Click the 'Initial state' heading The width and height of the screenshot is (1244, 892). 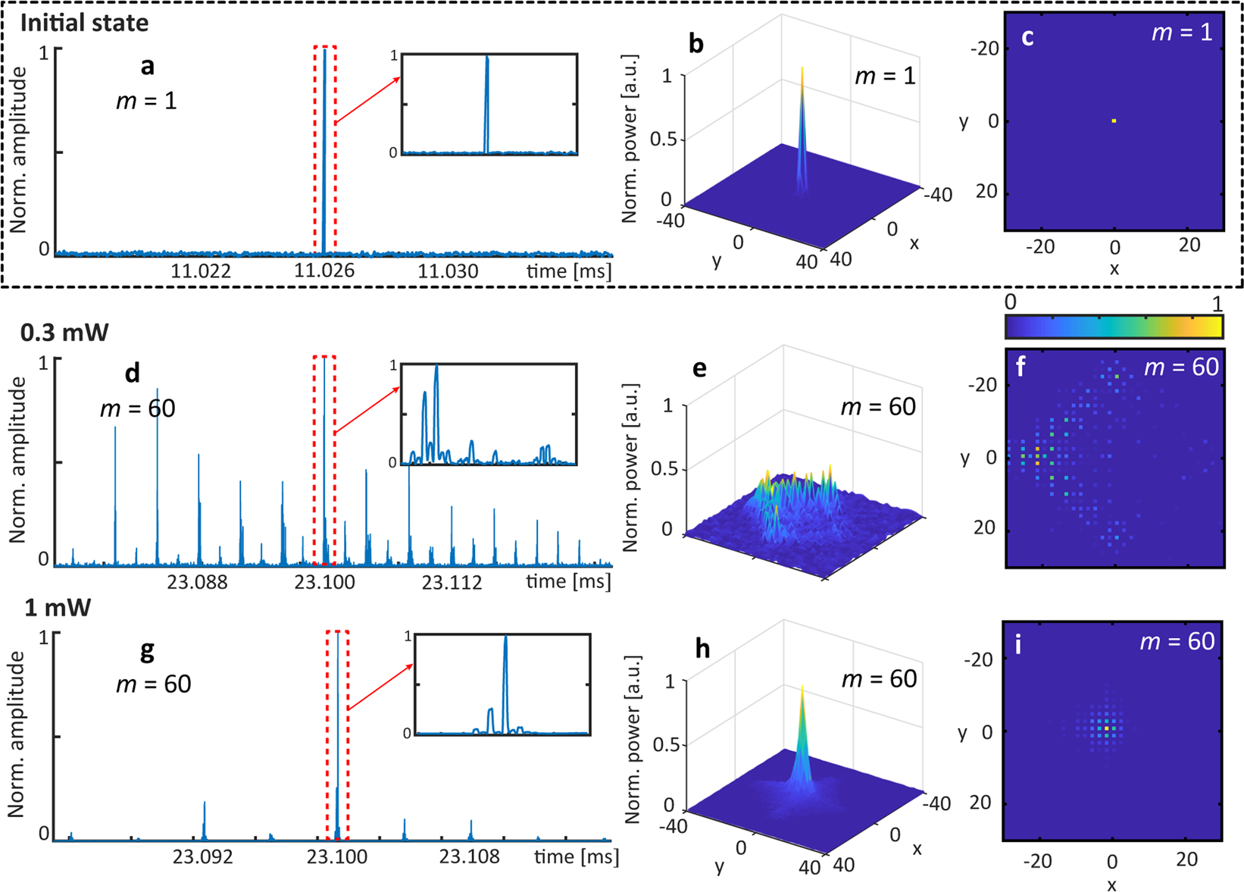(x=84, y=23)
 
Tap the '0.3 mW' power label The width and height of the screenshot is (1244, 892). (x=64, y=332)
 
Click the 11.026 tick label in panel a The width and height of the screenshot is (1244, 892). (x=324, y=271)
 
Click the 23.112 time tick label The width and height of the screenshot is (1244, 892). (x=452, y=582)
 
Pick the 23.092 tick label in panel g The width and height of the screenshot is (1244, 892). (x=202, y=857)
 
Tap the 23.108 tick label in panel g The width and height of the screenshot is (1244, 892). (x=470, y=857)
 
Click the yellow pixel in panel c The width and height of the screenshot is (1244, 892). (x=1114, y=120)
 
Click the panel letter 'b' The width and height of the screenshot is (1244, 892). (x=696, y=44)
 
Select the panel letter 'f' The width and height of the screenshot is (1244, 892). (x=1021, y=368)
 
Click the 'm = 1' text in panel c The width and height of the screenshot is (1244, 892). (x=1182, y=33)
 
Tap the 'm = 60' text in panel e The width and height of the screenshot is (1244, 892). (x=878, y=407)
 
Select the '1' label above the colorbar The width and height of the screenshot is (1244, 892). (x=1217, y=303)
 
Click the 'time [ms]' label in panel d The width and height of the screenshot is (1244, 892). (x=568, y=582)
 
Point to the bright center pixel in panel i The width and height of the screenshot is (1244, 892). (x=1107, y=728)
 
